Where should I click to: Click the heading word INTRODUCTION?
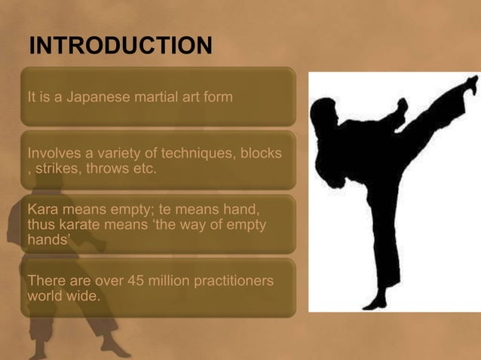[x=120, y=47]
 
